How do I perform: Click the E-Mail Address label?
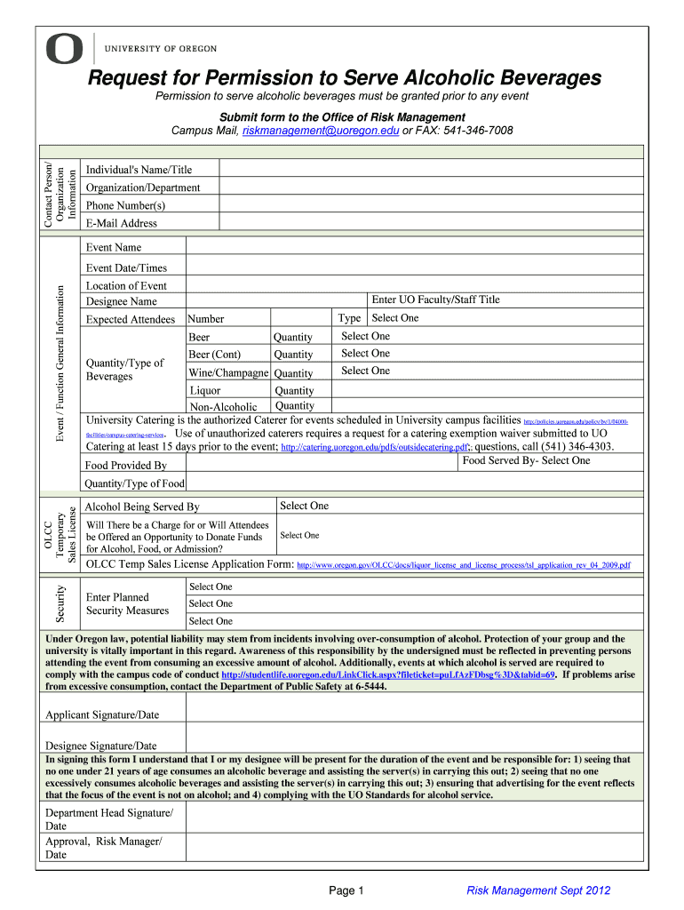click(x=121, y=223)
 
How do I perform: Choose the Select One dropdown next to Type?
click(x=395, y=318)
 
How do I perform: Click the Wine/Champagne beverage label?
click(x=228, y=373)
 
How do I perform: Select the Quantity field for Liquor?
click(x=294, y=390)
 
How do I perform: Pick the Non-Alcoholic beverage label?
click(x=223, y=406)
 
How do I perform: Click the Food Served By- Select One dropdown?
click(x=526, y=461)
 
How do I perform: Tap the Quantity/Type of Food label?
click(x=134, y=483)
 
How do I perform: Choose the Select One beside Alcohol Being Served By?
click(x=305, y=506)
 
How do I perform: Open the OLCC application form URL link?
click(x=463, y=565)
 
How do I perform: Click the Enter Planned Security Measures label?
click(x=127, y=603)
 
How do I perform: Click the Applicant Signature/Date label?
click(x=102, y=714)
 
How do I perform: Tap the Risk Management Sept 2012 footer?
click(x=539, y=890)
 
